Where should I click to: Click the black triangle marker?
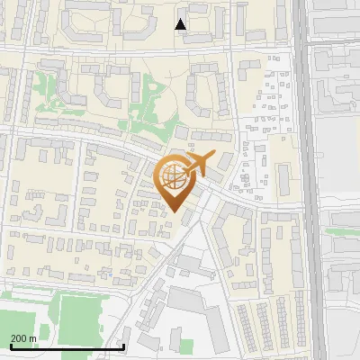181,24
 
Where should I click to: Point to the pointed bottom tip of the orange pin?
174,211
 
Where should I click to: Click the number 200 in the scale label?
20,338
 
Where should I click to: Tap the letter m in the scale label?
33,338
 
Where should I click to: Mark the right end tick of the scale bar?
123,346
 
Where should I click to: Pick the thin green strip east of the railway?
340,232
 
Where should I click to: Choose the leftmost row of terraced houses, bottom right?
243,325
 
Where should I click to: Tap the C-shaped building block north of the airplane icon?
206,94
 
